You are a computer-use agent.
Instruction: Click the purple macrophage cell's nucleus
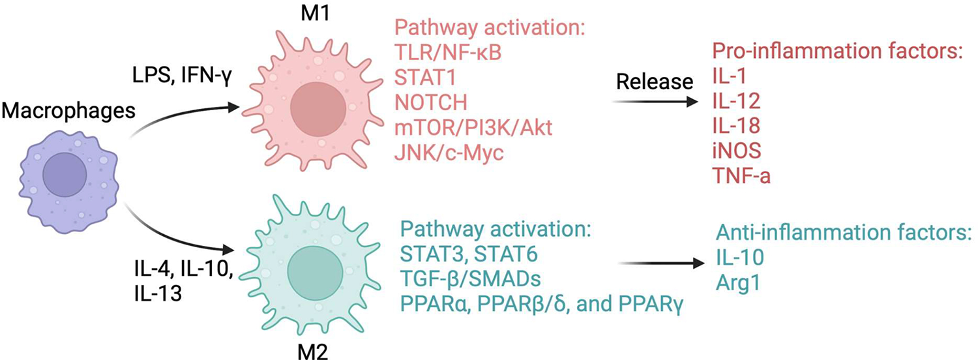[x=65, y=174]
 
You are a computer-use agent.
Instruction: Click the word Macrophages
[x=68, y=112]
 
